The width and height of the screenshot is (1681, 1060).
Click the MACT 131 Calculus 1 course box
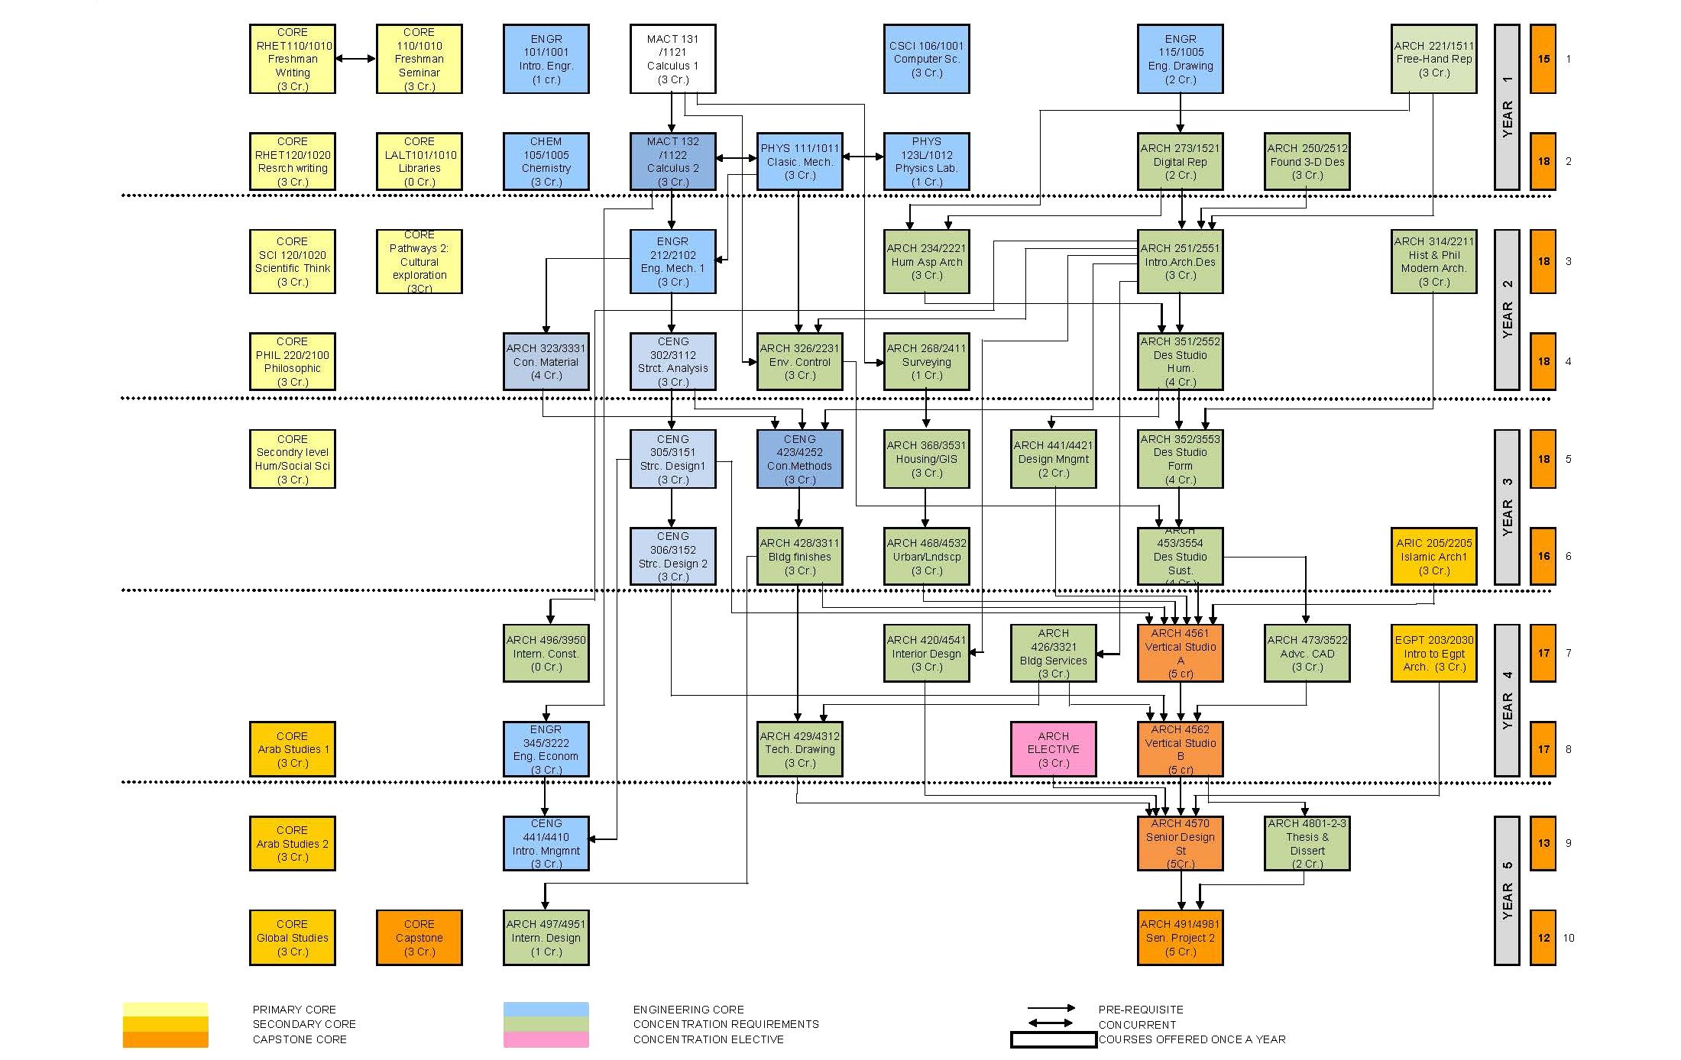(x=672, y=59)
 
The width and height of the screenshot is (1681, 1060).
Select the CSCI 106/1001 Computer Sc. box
(x=926, y=59)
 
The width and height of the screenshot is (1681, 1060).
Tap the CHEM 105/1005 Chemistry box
(x=546, y=161)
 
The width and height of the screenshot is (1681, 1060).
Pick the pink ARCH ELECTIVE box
(x=1053, y=748)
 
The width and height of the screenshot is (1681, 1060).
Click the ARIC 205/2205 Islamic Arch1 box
(x=1433, y=556)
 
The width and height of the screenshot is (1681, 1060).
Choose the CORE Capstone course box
(x=419, y=937)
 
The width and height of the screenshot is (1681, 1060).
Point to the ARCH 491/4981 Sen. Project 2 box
(x=1180, y=937)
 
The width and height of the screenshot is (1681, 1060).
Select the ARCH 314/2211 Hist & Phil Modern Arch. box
(x=1433, y=261)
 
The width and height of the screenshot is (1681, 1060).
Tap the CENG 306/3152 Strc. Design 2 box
(x=672, y=556)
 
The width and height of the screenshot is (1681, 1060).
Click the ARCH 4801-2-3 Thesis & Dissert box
(x=1307, y=843)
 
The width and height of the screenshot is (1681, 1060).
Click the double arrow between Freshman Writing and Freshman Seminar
(x=355, y=59)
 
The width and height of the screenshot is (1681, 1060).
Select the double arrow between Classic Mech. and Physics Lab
(x=863, y=157)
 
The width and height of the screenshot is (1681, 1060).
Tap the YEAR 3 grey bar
(x=1507, y=507)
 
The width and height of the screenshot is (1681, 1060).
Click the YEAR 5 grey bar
(x=1507, y=890)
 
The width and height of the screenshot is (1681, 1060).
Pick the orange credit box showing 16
(x=1543, y=556)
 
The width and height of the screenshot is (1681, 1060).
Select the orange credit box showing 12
(x=1543, y=937)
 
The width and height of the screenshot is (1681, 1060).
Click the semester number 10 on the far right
(x=1569, y=938)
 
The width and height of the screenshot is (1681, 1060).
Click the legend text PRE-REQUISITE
(x=1140, y=1010)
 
